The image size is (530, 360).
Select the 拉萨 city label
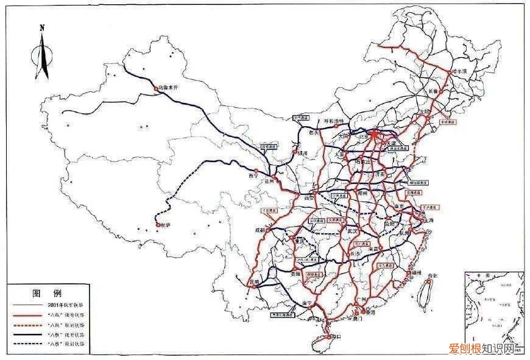(164, 225)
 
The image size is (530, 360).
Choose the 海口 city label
(334, 336)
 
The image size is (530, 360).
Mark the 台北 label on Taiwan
(432, 276)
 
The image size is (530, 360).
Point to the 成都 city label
(260, 231)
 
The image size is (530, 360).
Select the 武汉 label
(351, 231)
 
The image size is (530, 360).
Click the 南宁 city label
(307, 303)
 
